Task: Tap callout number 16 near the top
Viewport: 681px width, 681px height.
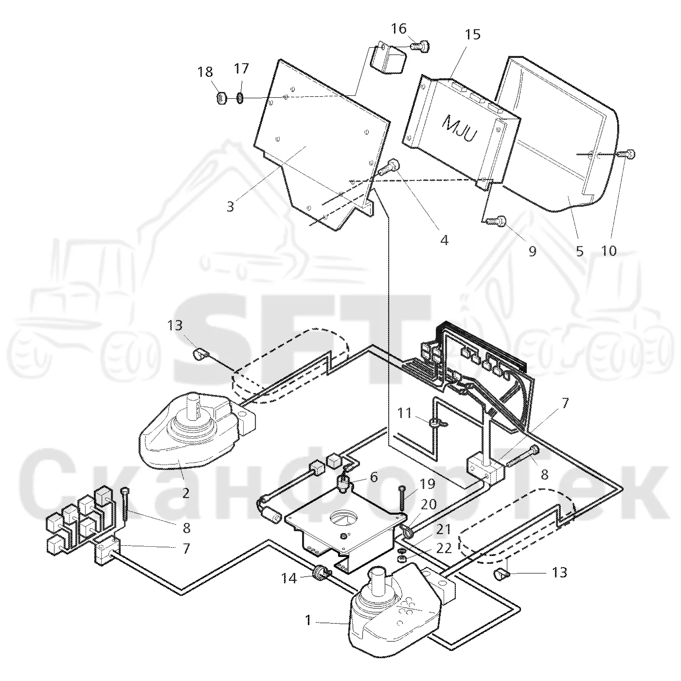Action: pos(399,29)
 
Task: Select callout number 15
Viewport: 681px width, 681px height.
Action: pos(472,35)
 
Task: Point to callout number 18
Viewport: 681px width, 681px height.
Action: pos(205,72)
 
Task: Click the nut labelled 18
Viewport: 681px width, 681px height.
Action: pos(221,98)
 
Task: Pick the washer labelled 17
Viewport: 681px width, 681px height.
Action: pos(240,98)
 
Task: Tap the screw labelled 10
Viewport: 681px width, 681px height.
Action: pos(626,154)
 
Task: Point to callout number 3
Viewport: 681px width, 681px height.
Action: pos(231,206)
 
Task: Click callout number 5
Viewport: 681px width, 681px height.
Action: pos(579,251)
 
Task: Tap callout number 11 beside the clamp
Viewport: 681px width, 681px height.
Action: pos(404,412)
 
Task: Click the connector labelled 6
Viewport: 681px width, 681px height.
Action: pos(343,483)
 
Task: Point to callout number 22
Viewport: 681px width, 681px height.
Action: pos(444,548)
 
